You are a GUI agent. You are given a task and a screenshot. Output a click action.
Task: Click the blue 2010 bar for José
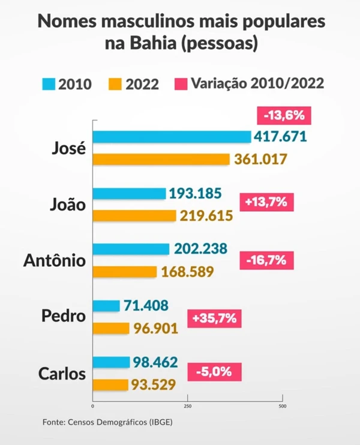[172, 137]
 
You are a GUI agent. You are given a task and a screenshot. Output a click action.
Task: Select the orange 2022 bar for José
[161, 160]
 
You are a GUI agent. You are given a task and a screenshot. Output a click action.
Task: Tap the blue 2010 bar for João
[129, 194]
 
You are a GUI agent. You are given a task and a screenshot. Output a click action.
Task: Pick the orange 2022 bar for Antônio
[124, 272]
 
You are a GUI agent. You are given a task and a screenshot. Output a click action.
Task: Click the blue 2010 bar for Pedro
[106, 306]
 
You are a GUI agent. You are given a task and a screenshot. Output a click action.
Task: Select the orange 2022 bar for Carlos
[110, 384]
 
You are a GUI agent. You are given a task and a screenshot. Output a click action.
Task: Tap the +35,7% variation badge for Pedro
[213, 318]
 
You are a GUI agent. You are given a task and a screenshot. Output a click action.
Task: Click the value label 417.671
[281, 137]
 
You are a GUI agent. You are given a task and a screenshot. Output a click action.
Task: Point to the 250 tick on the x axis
[187, 406]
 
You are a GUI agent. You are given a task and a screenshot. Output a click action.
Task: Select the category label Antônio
[54, 261]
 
